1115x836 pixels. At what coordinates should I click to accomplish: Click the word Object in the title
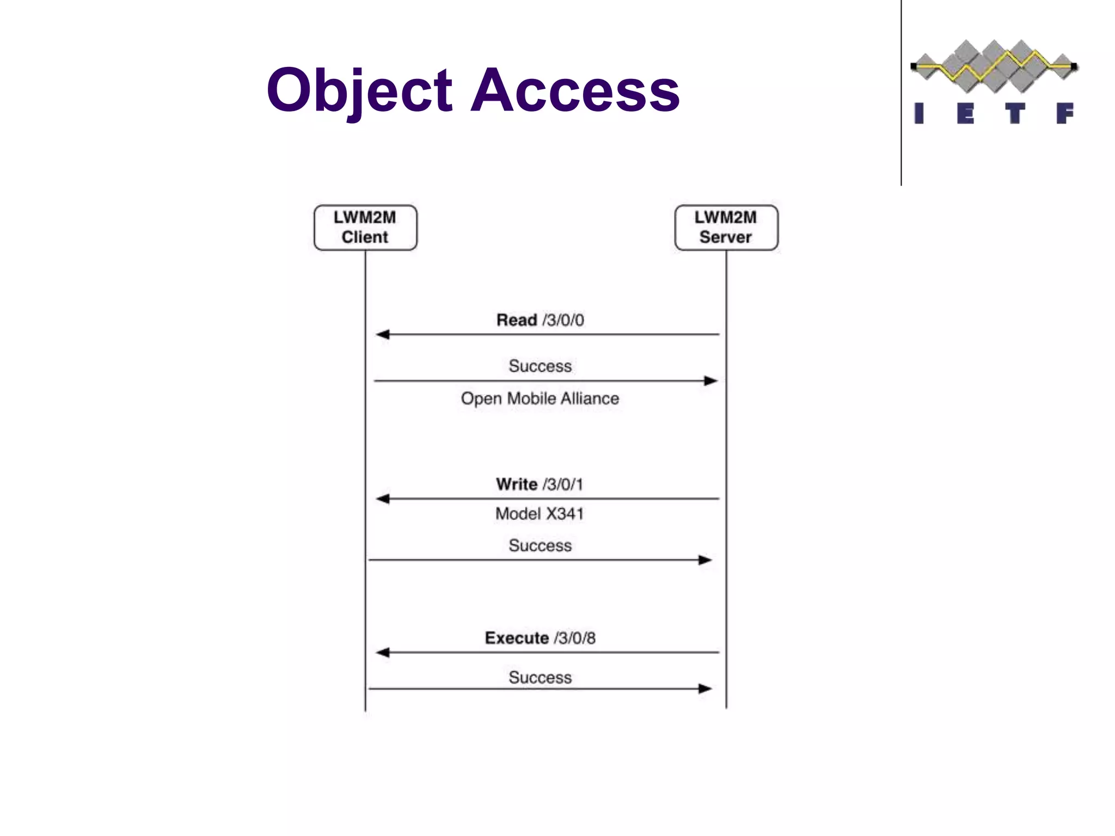pyautogui.click(x=359, y=90)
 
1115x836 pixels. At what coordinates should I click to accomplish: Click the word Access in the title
pyautogui.click(x=575, y=90)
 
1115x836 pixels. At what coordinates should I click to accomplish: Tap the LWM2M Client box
pyautogui.click(x=365, y=228)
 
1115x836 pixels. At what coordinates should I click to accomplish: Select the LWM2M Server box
pyautogui.click(x=726, y=228)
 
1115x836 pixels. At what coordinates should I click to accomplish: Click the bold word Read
pyautogui.click(x=517, y=320)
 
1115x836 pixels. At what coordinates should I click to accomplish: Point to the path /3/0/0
pyautogui.click(x=563, y=320)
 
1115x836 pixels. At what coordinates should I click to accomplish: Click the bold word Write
pyautogui.click(x=517, y=484)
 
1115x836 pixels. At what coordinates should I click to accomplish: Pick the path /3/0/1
pyautogui.click(x=563, y=484)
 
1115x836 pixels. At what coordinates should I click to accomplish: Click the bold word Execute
pyautogui.click(x=517, y=638)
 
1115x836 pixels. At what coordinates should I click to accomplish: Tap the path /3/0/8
pyautogui.click(x=575, y=638)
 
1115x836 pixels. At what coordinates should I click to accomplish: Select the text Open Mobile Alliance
pyautogui.click(x=540, y=398)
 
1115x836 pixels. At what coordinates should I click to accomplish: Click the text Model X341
pyautogui.click(x=540, y=514)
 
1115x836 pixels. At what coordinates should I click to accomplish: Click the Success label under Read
pyautogui.click(x=540, y=366)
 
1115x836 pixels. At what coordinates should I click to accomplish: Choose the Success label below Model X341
pyautogui.click(x=540, y=545)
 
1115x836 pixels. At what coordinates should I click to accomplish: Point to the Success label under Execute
pyautogui.click(x=540, y=678)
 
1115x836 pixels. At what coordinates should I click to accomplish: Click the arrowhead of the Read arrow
pyautogui.click(x=383, y=334)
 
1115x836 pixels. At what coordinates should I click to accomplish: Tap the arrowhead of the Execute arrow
pyautogui.click(x=383, y=652)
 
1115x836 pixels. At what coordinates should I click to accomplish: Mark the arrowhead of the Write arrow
pyautogui.click(x=383, y=499)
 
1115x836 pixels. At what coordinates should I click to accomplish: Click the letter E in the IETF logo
pyautogui.click(x=965, y=114)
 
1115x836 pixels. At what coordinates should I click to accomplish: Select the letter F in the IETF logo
pyautogui.click(x=1064, y=114)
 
